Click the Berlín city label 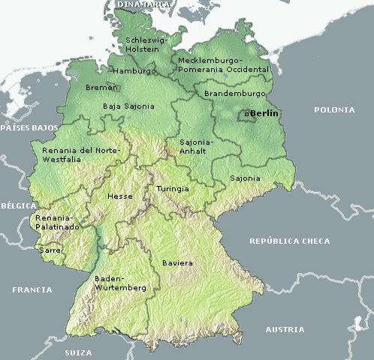[x=264, y=112]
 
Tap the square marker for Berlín [x=246, y=114]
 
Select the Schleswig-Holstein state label [x=143, y=44]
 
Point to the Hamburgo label [x=134, y=71]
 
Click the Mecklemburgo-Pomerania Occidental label [x=223, y=64]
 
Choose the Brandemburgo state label [x=235, y=94]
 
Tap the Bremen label [x=102, y=88]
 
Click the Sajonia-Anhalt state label [x=197, y=145]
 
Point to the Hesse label [x=120, y=196]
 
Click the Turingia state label [x=173, y=189]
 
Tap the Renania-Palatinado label [x=56, y=221]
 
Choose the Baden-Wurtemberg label [x=120, y=282]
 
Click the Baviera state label [x=177, y=263]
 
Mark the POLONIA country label [x=334, y=109]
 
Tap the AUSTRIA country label [x=285, y=329]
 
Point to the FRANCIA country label [x=32, y=289]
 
